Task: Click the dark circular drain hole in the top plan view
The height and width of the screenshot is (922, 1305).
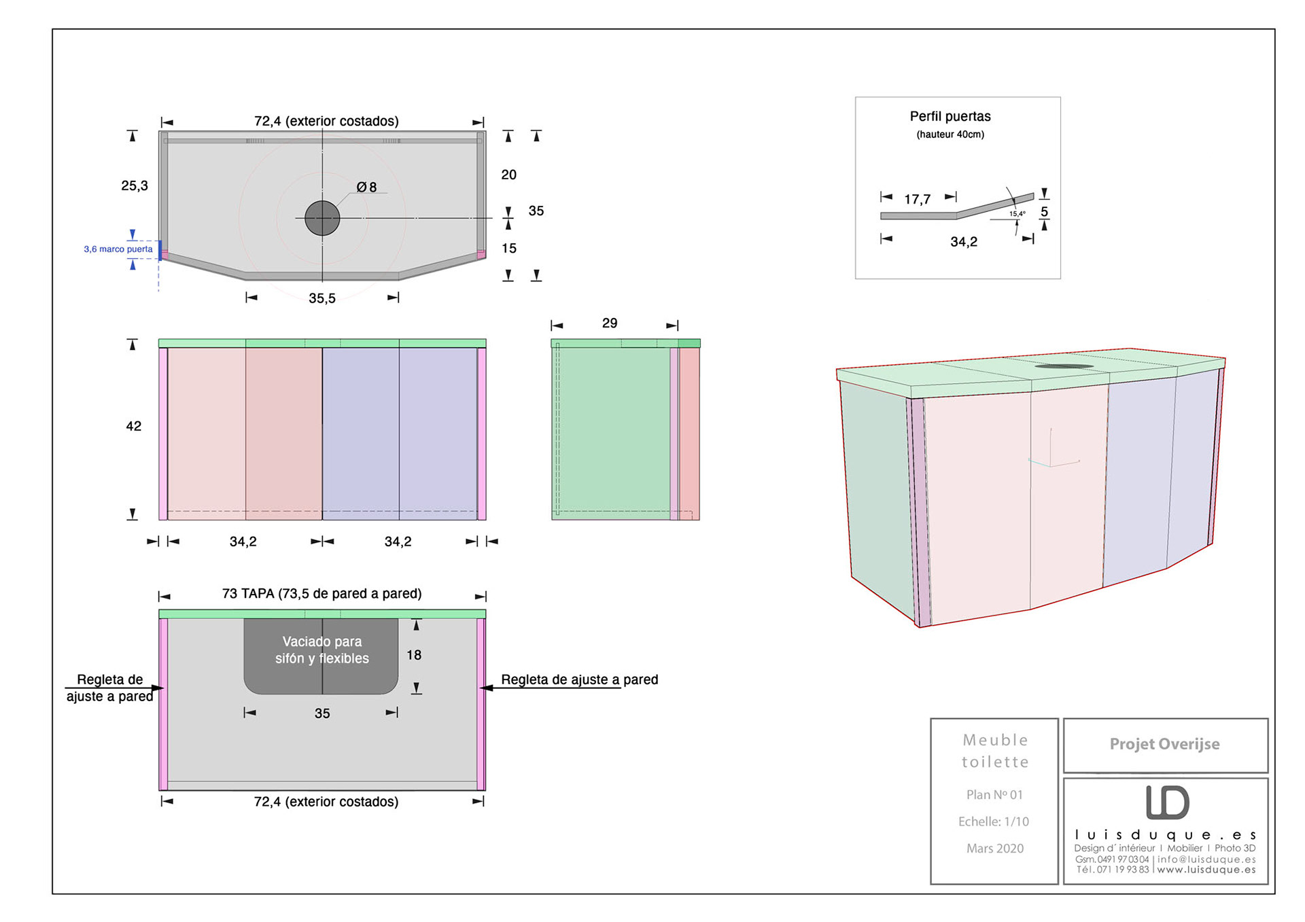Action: point(322,218)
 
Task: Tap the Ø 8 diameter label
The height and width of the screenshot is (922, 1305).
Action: point(366,187)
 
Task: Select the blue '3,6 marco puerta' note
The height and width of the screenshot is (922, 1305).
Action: point(118,249)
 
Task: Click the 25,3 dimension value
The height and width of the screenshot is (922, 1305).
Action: point(135,185)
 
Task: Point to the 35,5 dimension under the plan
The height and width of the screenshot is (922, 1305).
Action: point(322,298)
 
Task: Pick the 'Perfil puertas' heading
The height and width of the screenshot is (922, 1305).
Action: point(950,116)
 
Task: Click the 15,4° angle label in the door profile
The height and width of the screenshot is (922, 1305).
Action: point(1017,214)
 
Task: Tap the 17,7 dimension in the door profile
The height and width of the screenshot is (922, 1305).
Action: point(917,199)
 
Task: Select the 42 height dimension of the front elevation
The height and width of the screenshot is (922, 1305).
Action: point(134,426)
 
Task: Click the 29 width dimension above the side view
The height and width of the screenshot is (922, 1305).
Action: point(610,323)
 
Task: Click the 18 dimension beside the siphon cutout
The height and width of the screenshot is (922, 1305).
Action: point(414,655)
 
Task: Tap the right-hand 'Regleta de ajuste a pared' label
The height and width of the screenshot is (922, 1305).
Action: point(579,679)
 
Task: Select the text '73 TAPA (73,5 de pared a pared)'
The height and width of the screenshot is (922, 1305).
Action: point(321,593)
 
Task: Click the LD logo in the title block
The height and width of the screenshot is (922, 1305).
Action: point(1167,802)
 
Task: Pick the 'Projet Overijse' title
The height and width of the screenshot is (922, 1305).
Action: point(1164,744)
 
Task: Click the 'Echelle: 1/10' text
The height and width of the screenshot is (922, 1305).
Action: point(994,821)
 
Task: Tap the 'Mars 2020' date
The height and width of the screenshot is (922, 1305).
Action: point(995,848)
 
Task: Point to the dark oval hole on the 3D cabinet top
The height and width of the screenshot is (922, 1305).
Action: point(1064,366)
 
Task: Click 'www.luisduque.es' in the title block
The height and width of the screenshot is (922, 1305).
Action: point(1206,870)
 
